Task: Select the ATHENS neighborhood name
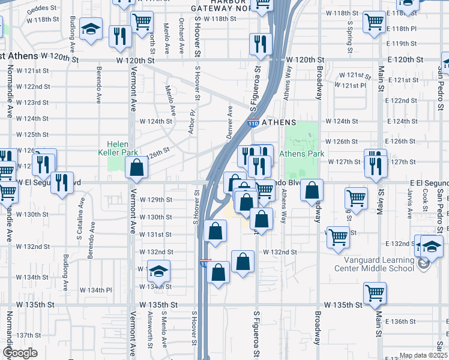(279, 122)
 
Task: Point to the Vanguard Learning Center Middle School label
(379, 264)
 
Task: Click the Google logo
(20, 353)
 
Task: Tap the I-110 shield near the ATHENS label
(253, 123)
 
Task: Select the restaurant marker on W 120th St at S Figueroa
(261, 44)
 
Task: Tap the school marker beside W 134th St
(159, 271)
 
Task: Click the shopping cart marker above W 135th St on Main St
(375, 293)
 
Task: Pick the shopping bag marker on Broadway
(312, 191)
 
